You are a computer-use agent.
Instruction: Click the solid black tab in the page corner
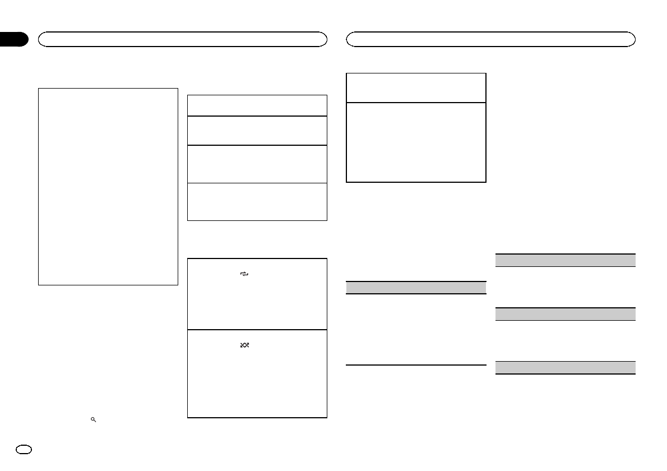click(13, 39)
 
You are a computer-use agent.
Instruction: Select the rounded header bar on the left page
click(182, 39)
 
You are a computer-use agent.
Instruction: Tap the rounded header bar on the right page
click(490, 39)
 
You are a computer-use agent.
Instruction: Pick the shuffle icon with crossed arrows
click(244, 345)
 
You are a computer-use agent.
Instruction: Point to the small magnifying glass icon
click(94, 419)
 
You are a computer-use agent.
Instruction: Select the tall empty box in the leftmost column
click(108, 186)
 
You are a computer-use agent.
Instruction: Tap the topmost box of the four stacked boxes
click(257, 105)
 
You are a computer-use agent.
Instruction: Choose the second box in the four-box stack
click(257, 131)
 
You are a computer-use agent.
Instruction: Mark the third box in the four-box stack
click(257, 164)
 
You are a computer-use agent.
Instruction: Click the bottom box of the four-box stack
click(257, 201)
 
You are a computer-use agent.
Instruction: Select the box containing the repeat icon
click(257, 294)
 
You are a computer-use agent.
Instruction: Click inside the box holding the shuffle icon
click(257, 373)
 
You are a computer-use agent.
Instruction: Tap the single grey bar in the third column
click(415, 287)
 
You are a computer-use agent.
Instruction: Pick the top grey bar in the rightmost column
click(566, 260)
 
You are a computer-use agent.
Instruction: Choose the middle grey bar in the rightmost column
click(566, 314)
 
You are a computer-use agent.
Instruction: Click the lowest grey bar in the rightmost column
click(566, 368)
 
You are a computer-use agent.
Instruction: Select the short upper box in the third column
click(415, 87)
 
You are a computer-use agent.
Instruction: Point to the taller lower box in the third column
click(415, 142)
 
